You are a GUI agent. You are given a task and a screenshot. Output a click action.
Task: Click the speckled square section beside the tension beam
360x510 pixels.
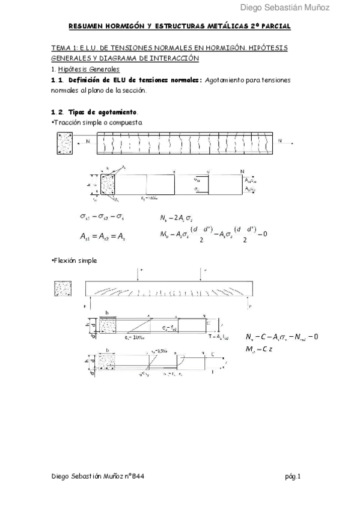64,143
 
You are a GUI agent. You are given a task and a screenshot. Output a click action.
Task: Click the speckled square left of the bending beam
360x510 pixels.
63,288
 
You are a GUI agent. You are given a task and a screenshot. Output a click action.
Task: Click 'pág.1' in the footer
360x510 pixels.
293,476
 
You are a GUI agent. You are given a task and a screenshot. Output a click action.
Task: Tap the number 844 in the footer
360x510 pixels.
136,476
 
